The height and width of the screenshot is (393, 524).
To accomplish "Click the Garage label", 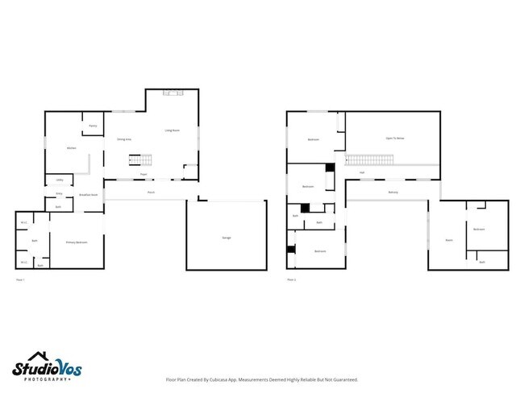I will click(x=227, y=238).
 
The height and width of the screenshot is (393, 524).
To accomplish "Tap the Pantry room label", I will click(x=93, y=126).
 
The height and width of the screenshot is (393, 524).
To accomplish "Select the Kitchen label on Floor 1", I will click(x=71, y=149).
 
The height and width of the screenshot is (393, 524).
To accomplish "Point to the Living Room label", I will click(x=172, y=130).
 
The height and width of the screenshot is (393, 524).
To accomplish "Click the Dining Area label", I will click(x=123, y=139).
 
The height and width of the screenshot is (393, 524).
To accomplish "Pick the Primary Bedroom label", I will click(x=77, y=242).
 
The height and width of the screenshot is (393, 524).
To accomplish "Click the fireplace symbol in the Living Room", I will click(x=173, y=93).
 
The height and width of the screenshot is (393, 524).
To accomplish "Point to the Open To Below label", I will click(x=394, y=139).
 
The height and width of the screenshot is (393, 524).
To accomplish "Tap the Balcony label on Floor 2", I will click(x=393, y=192).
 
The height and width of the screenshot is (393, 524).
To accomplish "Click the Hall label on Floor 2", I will click(x=362, y=172).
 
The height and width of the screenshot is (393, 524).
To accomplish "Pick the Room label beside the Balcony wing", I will click(x=448, y=241).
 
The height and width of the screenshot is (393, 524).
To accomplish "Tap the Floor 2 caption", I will click(x=291, y=279).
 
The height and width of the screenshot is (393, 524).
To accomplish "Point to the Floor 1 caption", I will click(x=21, y=279).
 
